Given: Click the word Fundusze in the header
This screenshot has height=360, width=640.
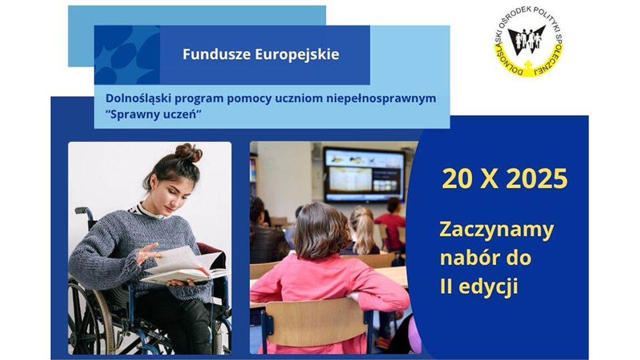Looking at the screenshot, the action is [x=216, y=54].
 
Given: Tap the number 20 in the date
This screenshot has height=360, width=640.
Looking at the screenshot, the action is [x=457, y=179].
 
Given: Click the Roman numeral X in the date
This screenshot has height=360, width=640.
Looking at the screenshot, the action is [x=490, y=179].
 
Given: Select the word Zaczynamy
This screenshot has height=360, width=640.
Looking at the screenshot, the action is [x=496, y=231].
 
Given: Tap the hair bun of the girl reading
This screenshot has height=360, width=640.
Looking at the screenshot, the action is [x=188, y=153].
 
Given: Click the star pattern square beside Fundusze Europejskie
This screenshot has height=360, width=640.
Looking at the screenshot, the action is [x=127, y=55].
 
